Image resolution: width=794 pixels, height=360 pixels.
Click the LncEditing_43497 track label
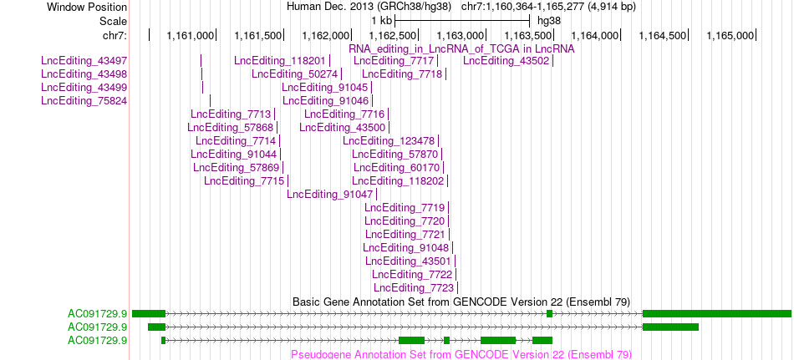pos(84,61)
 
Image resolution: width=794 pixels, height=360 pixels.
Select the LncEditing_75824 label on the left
pos(84,101)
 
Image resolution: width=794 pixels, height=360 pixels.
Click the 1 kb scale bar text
pos(381,21)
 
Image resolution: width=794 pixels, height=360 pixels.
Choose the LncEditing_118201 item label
pos(279,61)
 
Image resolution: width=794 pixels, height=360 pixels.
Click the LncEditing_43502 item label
pos(506,61)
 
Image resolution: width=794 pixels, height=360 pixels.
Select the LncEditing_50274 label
pos(294,74)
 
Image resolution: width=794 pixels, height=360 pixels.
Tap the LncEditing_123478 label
pos(389,140)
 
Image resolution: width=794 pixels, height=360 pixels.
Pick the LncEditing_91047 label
pos(329,194)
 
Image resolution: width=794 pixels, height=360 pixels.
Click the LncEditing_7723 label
pos(414,287)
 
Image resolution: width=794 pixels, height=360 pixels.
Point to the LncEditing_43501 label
pos(408,261)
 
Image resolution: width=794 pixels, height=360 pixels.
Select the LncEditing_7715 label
pos(244,180)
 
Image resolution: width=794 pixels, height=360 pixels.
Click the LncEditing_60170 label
pos(396,167)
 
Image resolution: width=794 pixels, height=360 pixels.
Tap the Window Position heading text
pos(87,7)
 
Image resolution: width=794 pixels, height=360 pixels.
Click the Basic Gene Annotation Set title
pos(461,302)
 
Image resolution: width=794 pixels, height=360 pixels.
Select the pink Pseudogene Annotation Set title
pos(461,354)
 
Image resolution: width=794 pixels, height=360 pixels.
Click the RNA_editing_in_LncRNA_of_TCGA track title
pos(461,48)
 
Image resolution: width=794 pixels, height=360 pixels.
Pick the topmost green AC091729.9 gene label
pos(97,314)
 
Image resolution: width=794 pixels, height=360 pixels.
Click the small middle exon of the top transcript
pos(549,314)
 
